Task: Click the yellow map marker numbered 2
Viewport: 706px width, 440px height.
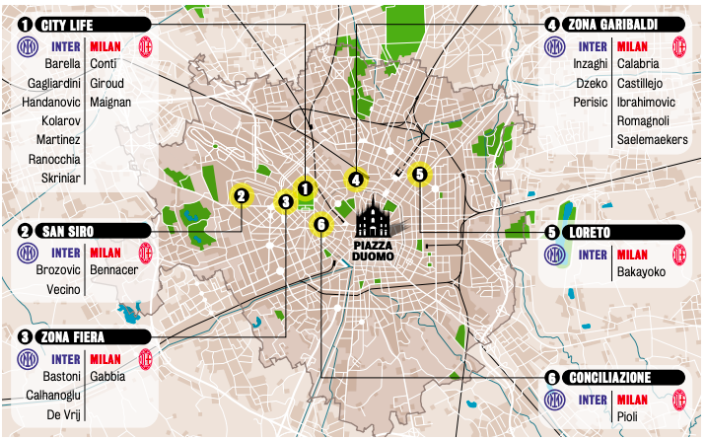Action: click(240, 195)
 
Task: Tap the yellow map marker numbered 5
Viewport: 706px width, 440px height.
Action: click(419, 174)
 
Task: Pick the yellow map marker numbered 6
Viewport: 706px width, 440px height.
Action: click(320, 224)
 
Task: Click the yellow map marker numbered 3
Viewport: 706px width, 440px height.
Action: click(285, 202)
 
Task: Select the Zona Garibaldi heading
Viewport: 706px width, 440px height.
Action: click(613, 24)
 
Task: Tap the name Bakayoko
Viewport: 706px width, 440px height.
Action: click(641, 272)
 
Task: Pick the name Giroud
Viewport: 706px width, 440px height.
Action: click(106, 83)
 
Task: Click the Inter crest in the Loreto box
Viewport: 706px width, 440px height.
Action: click(556, 254)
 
